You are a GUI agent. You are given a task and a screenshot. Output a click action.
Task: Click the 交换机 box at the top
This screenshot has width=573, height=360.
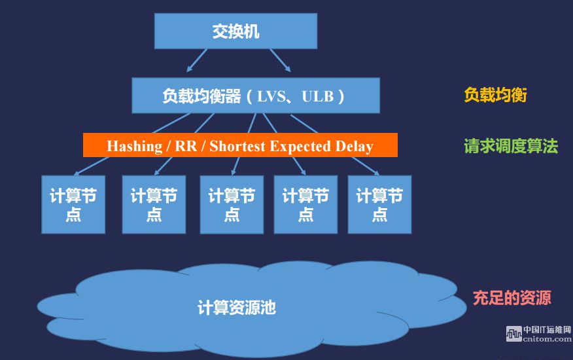(235, 31)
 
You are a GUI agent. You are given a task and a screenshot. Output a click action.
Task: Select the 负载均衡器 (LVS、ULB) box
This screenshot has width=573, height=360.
(256, 95)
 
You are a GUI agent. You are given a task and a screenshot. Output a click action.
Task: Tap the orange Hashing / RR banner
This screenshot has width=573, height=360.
(240, 145)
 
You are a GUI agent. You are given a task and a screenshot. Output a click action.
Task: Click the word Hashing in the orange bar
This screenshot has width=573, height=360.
(135, 147)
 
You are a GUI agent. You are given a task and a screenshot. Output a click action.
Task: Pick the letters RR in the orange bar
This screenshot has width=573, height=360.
(186, 146)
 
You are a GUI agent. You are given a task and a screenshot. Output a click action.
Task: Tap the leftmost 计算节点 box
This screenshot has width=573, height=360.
(73, 204)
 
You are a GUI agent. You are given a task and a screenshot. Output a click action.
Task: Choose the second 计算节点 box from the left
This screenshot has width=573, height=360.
(154, 204)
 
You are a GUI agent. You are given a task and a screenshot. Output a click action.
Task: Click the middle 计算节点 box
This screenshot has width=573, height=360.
(232, 204)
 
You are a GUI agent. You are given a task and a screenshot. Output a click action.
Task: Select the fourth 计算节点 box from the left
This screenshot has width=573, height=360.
(305, 204)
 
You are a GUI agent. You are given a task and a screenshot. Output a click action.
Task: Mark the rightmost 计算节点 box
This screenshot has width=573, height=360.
(379, 204)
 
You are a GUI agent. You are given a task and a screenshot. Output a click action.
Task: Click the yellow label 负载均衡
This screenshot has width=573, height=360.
(495, 95)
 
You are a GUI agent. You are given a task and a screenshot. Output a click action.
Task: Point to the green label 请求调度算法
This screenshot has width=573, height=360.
(511, 146)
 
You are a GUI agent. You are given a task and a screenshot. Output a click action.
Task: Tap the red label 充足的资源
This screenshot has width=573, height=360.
(512, 298)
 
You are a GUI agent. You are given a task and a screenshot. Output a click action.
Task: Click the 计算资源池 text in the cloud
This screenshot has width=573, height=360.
(236, 308)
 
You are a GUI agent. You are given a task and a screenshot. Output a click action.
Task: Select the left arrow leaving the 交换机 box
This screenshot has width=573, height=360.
(197, 60)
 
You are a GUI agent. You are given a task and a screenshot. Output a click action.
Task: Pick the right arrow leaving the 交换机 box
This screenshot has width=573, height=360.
(281, 60)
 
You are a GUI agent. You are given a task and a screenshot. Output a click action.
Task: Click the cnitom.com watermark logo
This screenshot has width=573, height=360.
(538, 334)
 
